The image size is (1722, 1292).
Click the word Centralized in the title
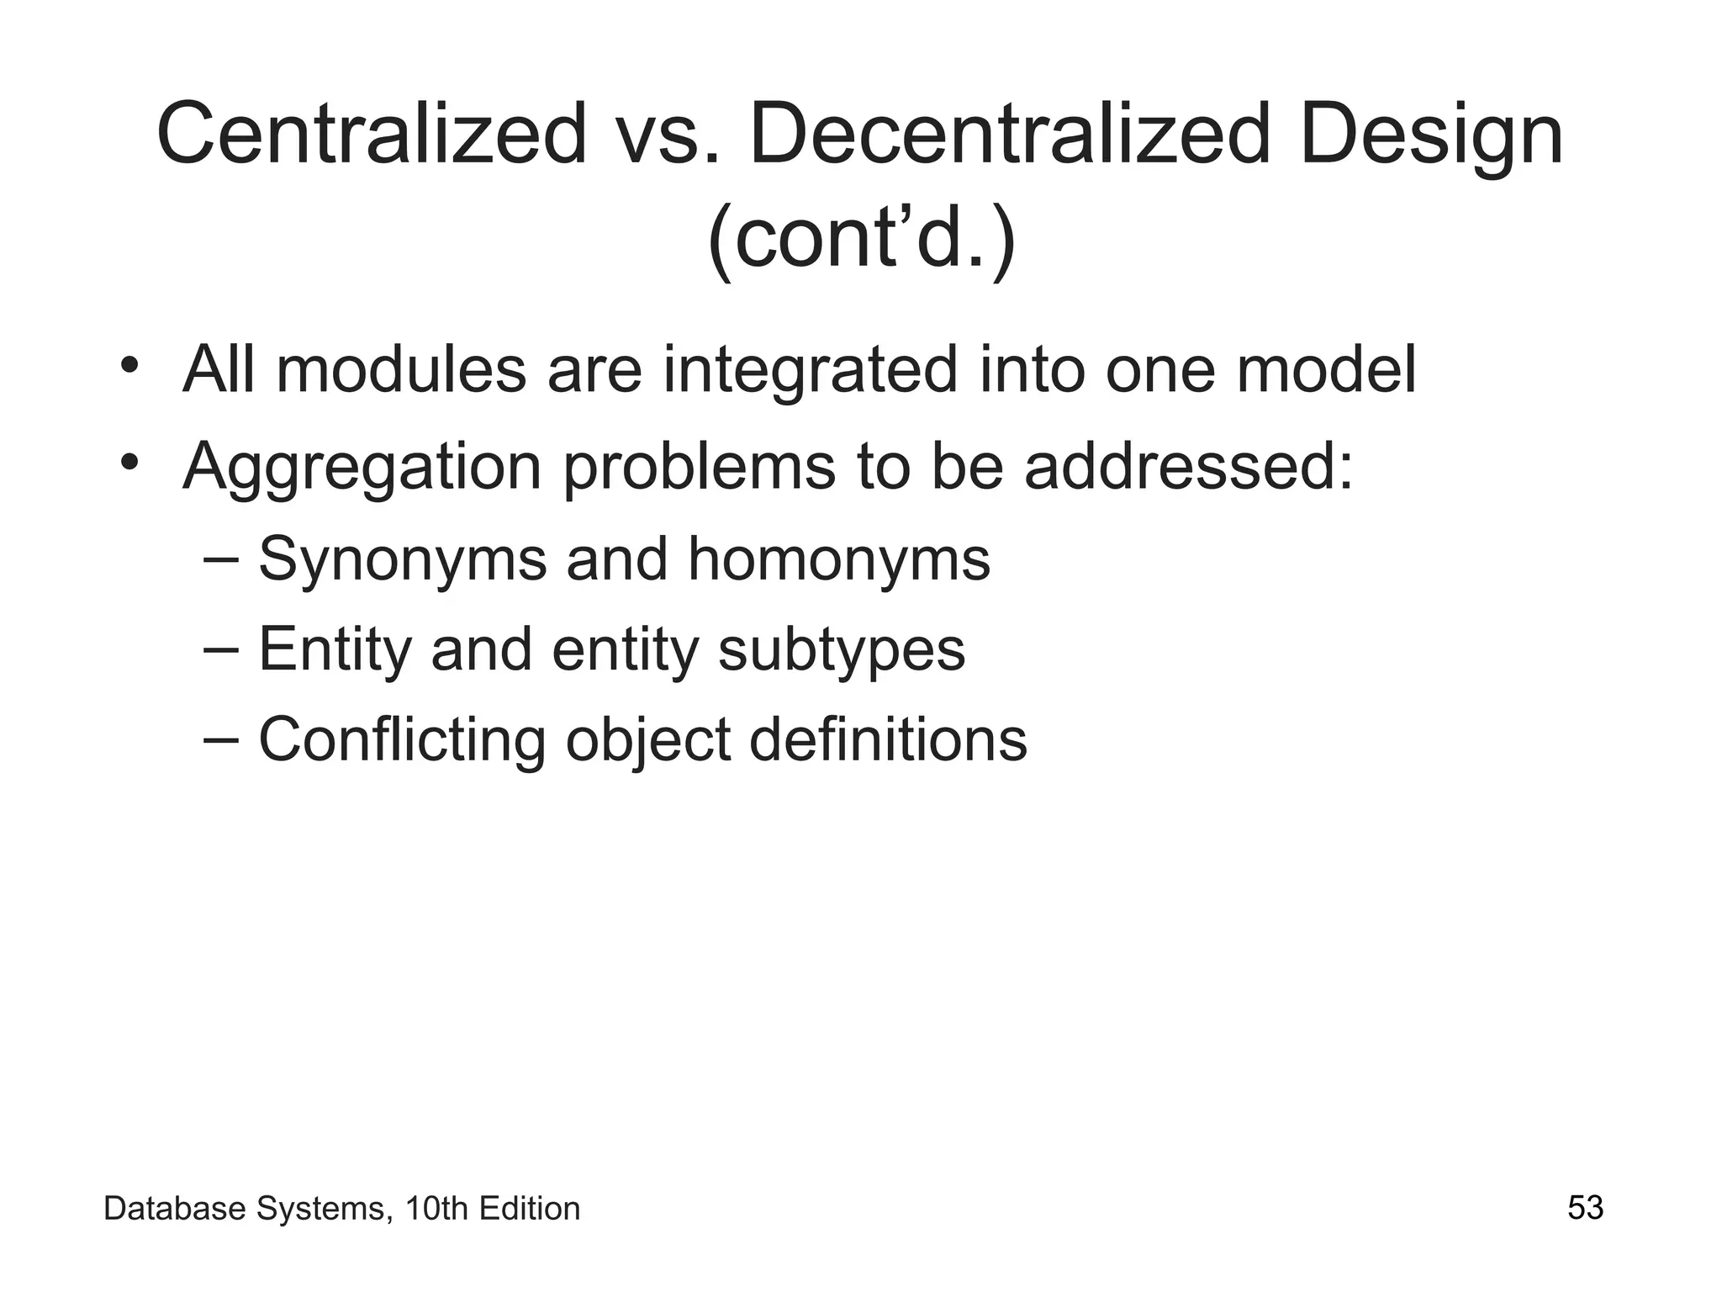(x=371, y=135)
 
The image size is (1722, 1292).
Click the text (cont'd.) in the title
(x=862, y=240)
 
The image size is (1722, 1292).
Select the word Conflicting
(x=401, y=740)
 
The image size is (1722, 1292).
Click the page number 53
(x=1585, y=1208)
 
